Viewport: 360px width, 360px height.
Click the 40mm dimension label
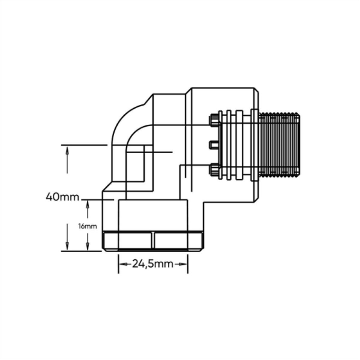[x=62, y=197]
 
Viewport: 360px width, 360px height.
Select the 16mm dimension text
[x=88, y=226]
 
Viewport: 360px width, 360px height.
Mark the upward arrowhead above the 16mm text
[x=88, y=204]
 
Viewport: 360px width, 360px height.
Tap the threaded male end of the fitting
[x=279, y=144]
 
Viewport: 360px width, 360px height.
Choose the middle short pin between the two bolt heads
[x=214, y=144]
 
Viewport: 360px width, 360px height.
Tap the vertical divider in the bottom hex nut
[x=153, y=240]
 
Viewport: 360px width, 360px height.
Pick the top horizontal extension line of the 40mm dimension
[x=84, y=145]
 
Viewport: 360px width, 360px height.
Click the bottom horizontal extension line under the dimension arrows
[x=81, y=251]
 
